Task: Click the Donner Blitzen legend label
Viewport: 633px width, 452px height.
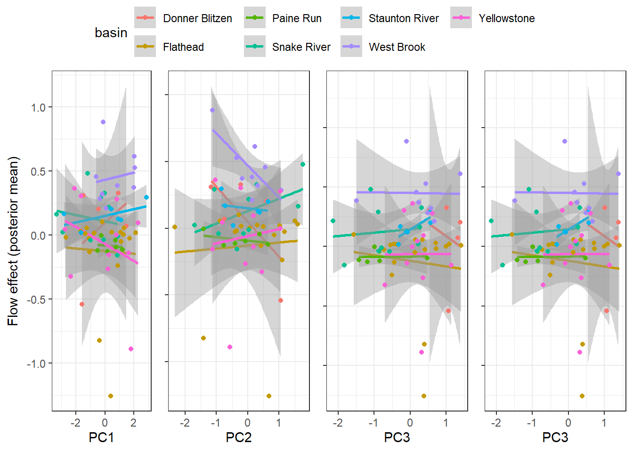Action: [197, 19]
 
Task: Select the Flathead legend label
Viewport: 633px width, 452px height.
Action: [183, 47]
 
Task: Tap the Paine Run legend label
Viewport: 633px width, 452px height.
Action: [297, 19]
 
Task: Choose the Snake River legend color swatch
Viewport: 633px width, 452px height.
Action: [255, 46]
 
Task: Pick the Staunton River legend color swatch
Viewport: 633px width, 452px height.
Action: [351, 18]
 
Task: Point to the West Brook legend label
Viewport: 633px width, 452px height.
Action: [397, 47]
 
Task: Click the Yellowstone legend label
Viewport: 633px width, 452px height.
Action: [507, 19]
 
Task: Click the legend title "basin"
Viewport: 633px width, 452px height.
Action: [111, 33]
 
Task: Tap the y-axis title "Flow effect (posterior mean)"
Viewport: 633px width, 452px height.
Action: [13, 241]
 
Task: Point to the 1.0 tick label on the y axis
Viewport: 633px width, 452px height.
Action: [38, 108]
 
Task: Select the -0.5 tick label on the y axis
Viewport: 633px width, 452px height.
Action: [36, 300]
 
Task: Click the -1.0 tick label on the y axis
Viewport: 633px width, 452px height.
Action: [36, 364]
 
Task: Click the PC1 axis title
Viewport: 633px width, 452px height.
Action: [101, 437]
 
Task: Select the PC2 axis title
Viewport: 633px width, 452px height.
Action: [238, 437]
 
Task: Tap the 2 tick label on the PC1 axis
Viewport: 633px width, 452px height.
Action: [133, 423]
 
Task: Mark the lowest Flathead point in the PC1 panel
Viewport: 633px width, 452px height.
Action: [111, 396]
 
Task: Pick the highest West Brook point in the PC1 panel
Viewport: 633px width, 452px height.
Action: [103, 122]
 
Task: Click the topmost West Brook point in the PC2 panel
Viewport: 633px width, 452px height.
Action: [212, 110]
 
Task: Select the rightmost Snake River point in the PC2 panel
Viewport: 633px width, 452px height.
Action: [303, 164]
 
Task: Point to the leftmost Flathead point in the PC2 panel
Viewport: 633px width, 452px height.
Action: [175, 227]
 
